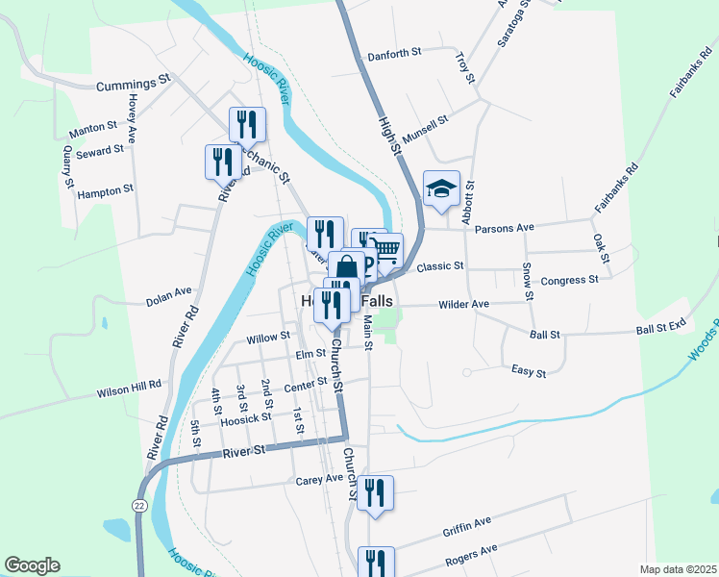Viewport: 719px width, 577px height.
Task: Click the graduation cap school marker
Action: (x=441, y=188)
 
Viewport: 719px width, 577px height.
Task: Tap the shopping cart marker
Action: (x=386, y=249)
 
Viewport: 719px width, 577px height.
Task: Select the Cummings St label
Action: (x=133, y=85)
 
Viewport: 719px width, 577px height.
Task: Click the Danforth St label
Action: (x=395, y=55)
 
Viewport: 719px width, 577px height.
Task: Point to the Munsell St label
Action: (x=426, y=131)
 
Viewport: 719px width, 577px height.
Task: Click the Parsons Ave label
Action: (x=510, y=228)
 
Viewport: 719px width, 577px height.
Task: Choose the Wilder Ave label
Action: (x=464, y=304)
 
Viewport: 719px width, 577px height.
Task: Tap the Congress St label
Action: (x=570, y=280)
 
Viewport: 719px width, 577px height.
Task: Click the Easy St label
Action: (x=529, y=371)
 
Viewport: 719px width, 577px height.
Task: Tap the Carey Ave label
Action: (x=319, y=478)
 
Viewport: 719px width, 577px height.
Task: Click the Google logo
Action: (x=31, y=564)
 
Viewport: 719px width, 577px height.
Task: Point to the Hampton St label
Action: (x=106, y=190)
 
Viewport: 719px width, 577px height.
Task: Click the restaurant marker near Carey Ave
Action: (x=375, y=493)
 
